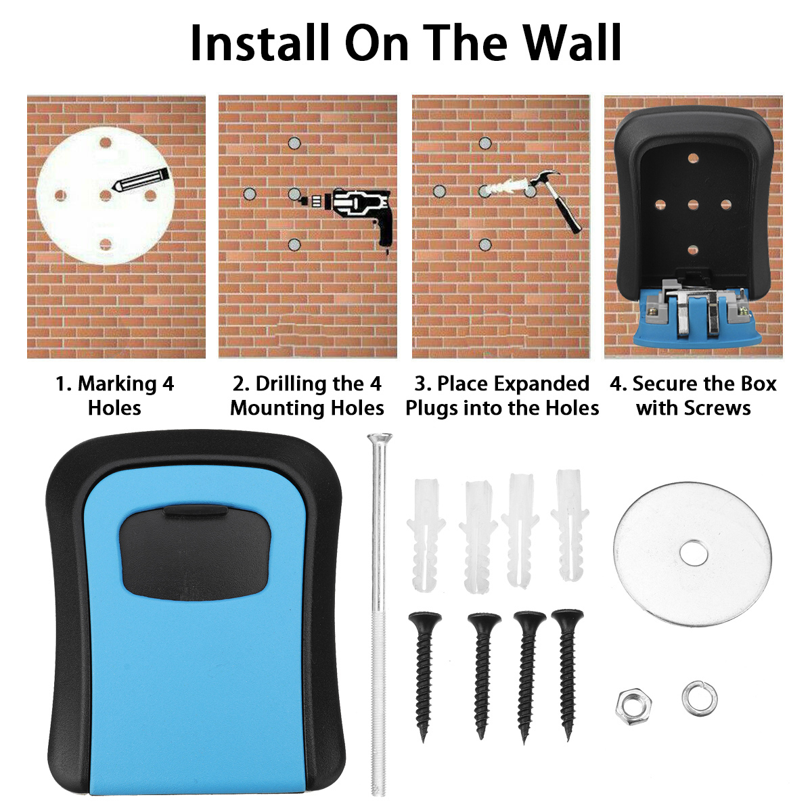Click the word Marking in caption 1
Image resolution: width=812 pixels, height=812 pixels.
click(x=117, y=384)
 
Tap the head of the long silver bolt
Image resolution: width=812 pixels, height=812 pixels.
click(x=379, y=438)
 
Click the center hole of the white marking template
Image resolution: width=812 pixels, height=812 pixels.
click(x=105, y=196)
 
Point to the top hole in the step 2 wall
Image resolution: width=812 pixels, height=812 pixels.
click(x=294, y=143)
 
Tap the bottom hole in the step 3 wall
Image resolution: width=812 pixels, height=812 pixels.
click(x=484, y=244)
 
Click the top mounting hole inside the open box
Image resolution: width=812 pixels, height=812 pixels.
click(x=692, y=158)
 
